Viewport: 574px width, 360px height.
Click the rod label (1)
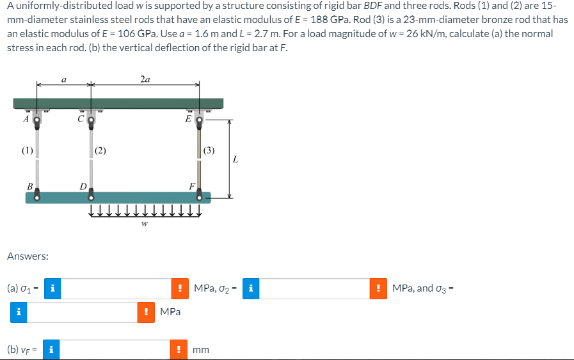[x=26, y=152]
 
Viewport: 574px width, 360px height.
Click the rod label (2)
[x=100, y=152]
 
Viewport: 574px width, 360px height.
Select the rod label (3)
[x=209, y=152]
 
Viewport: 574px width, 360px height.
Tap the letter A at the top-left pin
[x=26, y=118]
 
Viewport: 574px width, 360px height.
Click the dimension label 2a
[x=145, y=79]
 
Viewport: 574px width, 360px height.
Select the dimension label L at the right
[x=235, y=159]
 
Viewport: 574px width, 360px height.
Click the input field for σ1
[x=116, y=288]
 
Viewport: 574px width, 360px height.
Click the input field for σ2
[x=314, y=288]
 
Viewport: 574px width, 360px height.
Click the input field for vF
[x=116, y=350]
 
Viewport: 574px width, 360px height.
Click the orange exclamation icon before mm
[x=180, y=350]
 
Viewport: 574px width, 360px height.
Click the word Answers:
[x=28, y=256]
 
